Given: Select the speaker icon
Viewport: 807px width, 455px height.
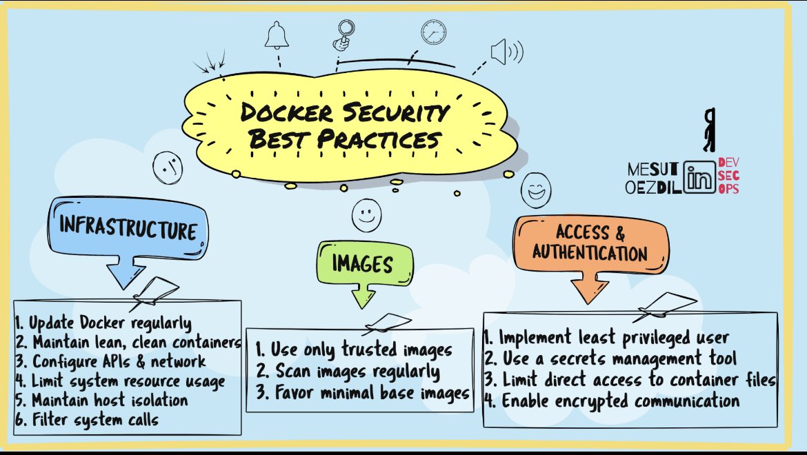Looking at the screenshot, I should tap(506, 51).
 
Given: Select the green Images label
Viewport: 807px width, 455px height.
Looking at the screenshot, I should tap(363, 263).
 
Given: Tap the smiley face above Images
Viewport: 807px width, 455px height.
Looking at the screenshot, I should tap(366, 216).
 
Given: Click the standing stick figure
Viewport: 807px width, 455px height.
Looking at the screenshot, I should tap(709, 130).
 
